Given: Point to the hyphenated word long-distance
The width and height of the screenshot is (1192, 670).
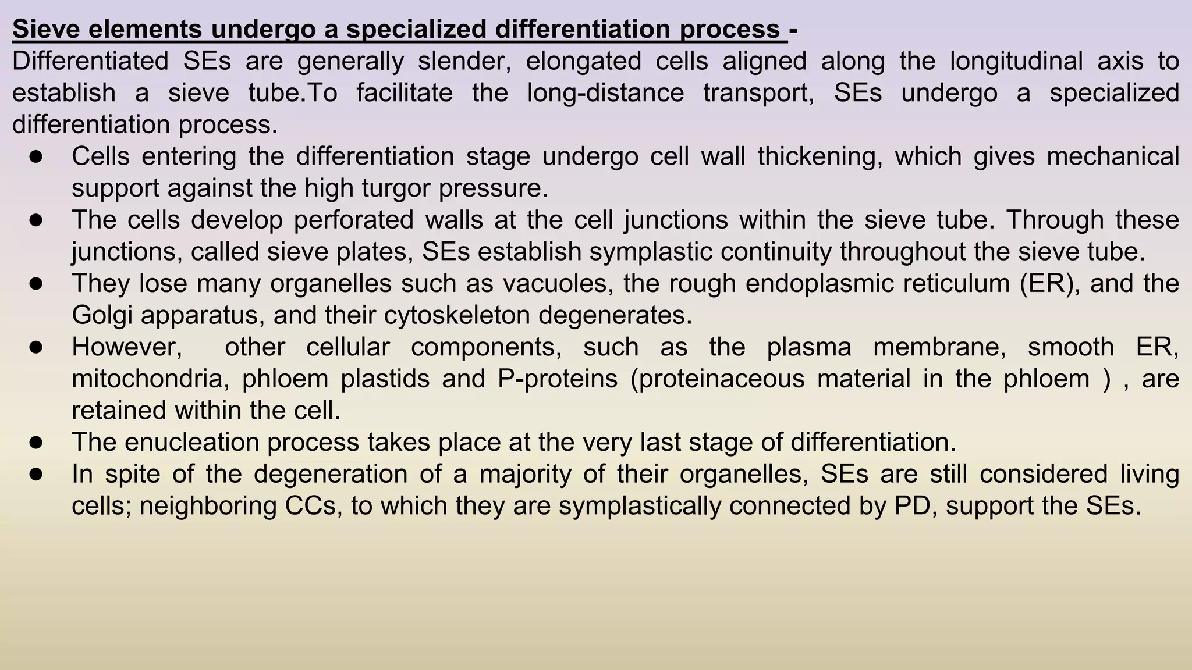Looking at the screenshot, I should pyautogui.click(x=605, y=93).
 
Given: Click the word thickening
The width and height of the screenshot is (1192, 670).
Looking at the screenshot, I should pyautogui.click(x=819, y=156).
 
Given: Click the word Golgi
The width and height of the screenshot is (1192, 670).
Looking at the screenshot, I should pyautogui.click(x=102, y=315).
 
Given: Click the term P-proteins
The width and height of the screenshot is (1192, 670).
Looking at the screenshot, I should pyautogui.click(x=558, y=379).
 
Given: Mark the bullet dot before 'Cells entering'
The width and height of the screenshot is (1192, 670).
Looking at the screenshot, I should pyautogui.click(x=36, y=156).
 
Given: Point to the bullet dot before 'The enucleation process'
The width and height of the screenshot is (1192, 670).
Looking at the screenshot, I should pyautogui.click(x=36, y=442).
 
